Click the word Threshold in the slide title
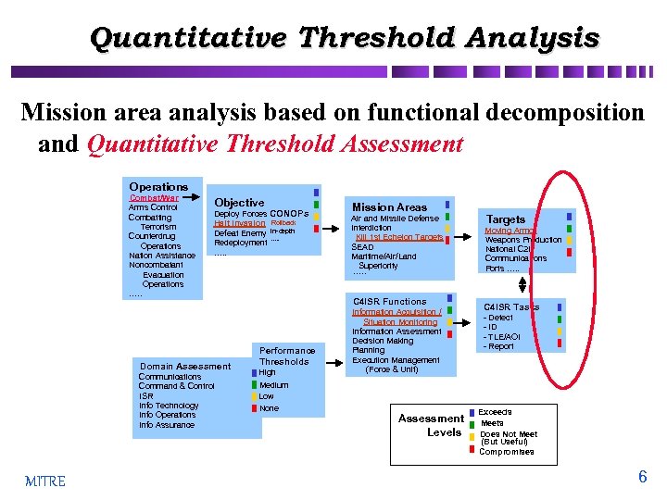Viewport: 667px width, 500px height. [x=376, y=38]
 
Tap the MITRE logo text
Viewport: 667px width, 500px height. [x=44, y=481]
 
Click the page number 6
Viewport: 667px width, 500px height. [x=642, y=478]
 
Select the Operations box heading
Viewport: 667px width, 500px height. [x=158, y=186]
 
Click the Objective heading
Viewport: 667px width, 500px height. [x=239, y=203]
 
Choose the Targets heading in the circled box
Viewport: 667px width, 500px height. [x=506, y=219]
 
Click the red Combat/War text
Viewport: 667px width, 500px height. [x=154, y=197]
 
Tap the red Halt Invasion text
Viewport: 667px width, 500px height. [x=240, y=223]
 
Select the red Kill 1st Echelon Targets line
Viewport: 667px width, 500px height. [x=399, y=237]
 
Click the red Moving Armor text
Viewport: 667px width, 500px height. [x=510, y=231]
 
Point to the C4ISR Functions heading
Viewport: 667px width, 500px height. [x=390, y=302]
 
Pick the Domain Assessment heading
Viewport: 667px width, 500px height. [x=185, y=367]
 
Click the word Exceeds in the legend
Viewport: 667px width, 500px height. [x=495, y=412]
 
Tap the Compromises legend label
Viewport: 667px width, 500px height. [x=506, y=452]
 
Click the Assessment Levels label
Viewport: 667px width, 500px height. [x=432, y=425]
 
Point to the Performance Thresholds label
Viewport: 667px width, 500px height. [x=286, y=356]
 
